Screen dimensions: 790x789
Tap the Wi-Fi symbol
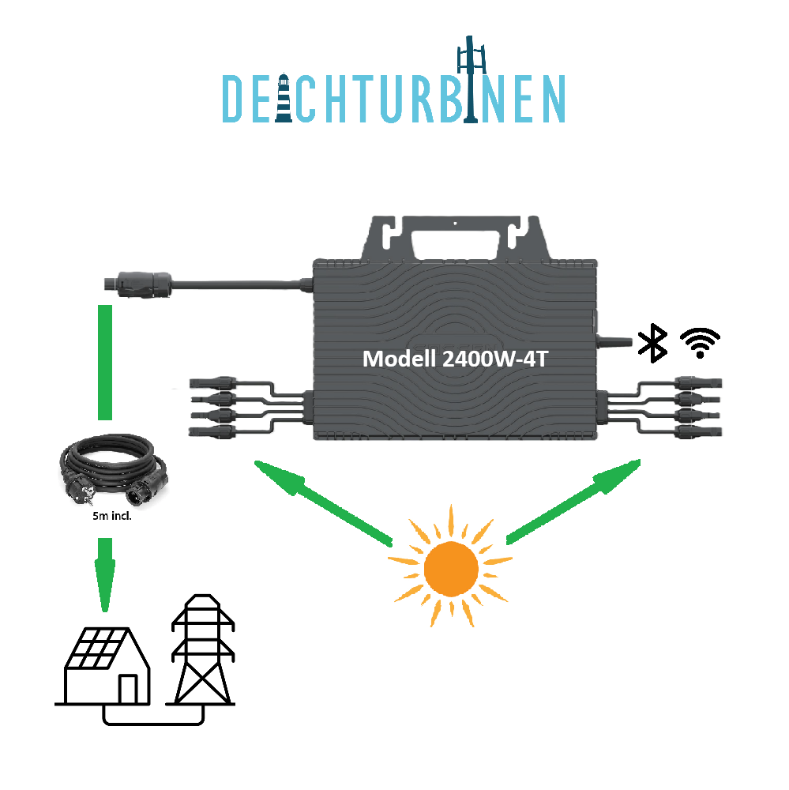point(700,342)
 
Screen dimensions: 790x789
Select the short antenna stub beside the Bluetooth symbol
point(616,341)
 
